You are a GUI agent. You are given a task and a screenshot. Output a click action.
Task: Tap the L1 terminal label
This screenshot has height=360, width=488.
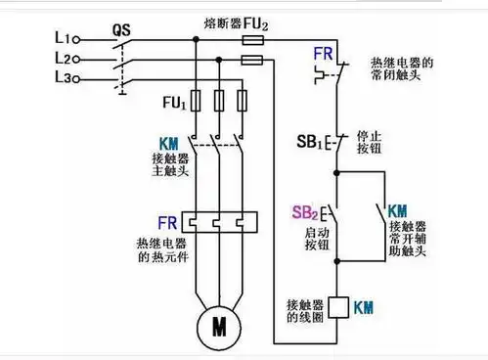click(38, 37)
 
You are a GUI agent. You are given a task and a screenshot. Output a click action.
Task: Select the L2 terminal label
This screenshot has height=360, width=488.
click(38, 58)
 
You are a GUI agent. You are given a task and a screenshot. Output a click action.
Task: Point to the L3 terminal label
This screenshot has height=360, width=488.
click(38, 78)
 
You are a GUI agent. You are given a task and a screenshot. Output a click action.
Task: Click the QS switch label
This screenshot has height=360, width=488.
click(121, 30)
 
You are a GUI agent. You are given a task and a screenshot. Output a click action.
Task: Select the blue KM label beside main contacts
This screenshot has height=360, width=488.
click(169, 143)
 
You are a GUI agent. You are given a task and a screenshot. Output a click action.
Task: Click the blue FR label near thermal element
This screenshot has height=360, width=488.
click(166, 224)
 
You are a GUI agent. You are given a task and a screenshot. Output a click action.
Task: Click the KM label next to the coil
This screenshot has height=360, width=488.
click(367, 306)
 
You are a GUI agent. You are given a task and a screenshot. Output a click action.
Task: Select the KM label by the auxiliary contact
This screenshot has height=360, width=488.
click(398, 211)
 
